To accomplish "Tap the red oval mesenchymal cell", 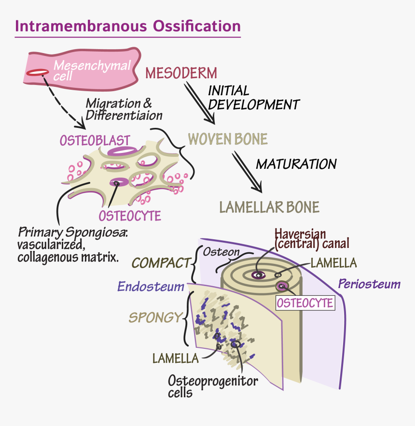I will [x=37, y=72].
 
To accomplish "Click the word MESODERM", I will [x=181, y=73].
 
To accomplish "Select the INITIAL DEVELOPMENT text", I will [x=253, y=97].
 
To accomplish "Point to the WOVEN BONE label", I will [x=227, y=139].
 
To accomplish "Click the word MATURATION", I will [x=296, y=164].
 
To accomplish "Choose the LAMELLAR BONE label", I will [x=269, y=207].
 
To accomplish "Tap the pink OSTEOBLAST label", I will [x=95, y=140].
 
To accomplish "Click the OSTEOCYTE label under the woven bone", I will [x=130, y=215].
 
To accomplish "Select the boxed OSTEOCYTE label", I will [x=304, y=302].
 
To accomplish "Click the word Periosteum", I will [x=369, y=284].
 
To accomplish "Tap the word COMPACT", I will [x=161, y=263].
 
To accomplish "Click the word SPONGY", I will [x=154, y=318].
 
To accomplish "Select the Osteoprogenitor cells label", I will [x=212, y=386].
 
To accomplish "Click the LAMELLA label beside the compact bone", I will [x=333, y=263].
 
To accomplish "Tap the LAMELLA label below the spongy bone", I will [x=175, y=358].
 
